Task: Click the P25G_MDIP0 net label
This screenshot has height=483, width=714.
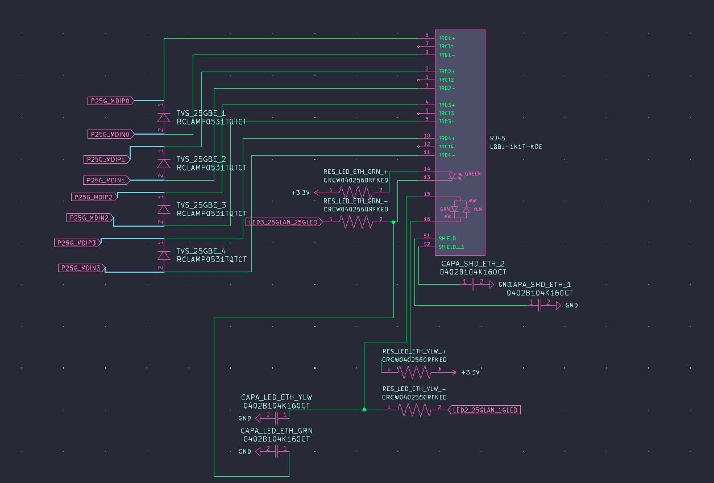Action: [110, 101]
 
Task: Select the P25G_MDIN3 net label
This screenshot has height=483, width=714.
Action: [81, 268]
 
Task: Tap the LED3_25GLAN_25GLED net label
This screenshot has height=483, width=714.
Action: [283, 222]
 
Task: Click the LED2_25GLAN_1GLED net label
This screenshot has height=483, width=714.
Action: [484, 410]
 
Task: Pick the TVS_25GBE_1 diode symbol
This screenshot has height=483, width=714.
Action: [164, 118]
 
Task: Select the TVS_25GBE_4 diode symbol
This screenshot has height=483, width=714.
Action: [164, 256]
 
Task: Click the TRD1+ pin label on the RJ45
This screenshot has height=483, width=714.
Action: [446, 38]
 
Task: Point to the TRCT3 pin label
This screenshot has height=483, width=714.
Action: [446, 114]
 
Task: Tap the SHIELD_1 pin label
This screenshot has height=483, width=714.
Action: [451, 247]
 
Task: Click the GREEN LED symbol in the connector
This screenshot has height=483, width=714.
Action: [453, 176]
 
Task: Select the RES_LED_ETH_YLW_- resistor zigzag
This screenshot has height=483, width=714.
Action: [414, 410]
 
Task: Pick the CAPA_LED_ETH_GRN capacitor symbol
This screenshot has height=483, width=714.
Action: [276, 452]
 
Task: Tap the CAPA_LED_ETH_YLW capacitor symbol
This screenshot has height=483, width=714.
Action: [276, 418]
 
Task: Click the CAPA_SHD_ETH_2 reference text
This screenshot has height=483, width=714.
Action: [473, 264]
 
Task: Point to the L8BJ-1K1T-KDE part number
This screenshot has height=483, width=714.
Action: [516, 147]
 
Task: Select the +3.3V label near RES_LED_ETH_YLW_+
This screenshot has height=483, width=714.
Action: [471, 372]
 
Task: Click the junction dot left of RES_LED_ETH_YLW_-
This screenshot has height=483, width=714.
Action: [364, 409]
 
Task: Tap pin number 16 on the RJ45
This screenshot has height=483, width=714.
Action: [427, 220]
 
